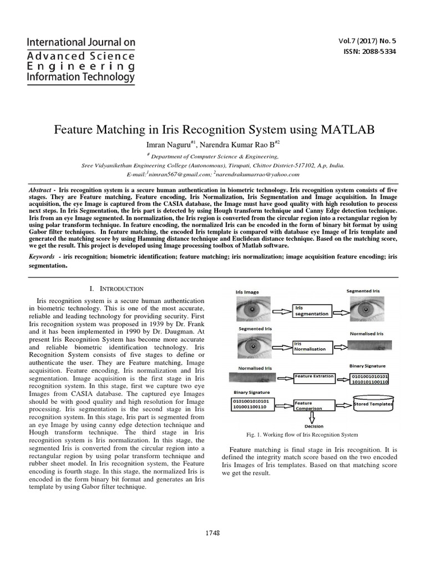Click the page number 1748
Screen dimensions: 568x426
pyautogui.click(x=212, y=532)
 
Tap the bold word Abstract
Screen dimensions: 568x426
pyautogui.click(x=40, y=190)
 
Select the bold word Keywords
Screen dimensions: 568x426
pyautogui.click(x=42, y=257)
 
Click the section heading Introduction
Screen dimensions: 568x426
pyautogui.click(x=120, y=288)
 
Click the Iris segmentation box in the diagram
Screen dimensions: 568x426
pyautogui.click(x=312, y=310)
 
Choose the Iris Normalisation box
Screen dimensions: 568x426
pyautogui.click(x=312, y=347)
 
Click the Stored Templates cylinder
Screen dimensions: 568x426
pyautogui.click(x=373, y=404)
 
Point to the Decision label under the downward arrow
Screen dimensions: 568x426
pyautogui.click(x=314, y=427)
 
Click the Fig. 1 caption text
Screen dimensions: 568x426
pyautogui.click(x=302, y=434)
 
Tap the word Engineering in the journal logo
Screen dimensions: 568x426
pyautogui.click(x=73, y=66)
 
